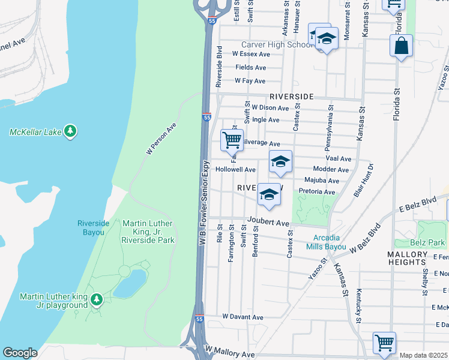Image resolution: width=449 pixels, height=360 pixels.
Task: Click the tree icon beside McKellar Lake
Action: tap(70, 131)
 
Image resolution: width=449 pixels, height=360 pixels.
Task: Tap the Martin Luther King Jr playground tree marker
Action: tap(96, 299)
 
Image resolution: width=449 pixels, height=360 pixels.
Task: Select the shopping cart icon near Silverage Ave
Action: tap(232, 140)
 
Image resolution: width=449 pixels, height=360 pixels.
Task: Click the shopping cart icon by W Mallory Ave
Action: tap(384, 343)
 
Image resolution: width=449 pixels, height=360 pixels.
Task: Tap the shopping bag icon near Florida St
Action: tap(400, 46)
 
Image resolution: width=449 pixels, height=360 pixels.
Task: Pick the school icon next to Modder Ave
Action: tap(280, 162)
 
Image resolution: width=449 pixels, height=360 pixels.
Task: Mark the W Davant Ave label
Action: tap(243, 317)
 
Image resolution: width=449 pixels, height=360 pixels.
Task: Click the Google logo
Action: tap(20, 353)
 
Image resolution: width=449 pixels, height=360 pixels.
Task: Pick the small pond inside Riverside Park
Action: tap(129, 283)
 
